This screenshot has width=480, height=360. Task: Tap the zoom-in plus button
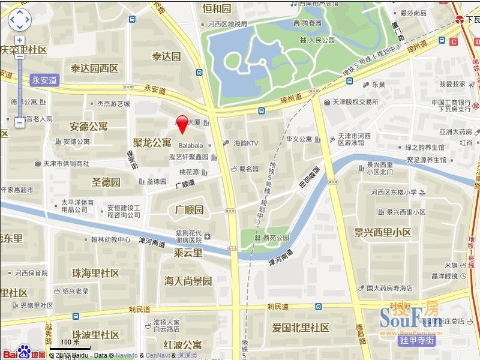[x=20, y=41]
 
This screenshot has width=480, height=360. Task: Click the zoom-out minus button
[x=20, y=122]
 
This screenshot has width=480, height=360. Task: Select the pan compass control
[x=20, y=20]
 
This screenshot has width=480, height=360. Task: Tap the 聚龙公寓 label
[x=152, y=143]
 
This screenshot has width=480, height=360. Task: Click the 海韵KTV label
[x=245, y=143]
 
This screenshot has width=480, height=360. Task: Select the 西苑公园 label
[x=275, y=238]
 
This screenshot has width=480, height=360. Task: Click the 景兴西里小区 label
[x=382, y=232]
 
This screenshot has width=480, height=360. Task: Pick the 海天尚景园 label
[x=188, y=281]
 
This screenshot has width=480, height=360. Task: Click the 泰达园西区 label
[x=95, y=68]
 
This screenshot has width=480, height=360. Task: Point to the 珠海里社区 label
[x=95, y=273]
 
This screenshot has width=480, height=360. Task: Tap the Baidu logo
[x=22, y=352]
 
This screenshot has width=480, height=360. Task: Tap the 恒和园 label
[x=217, y=8]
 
